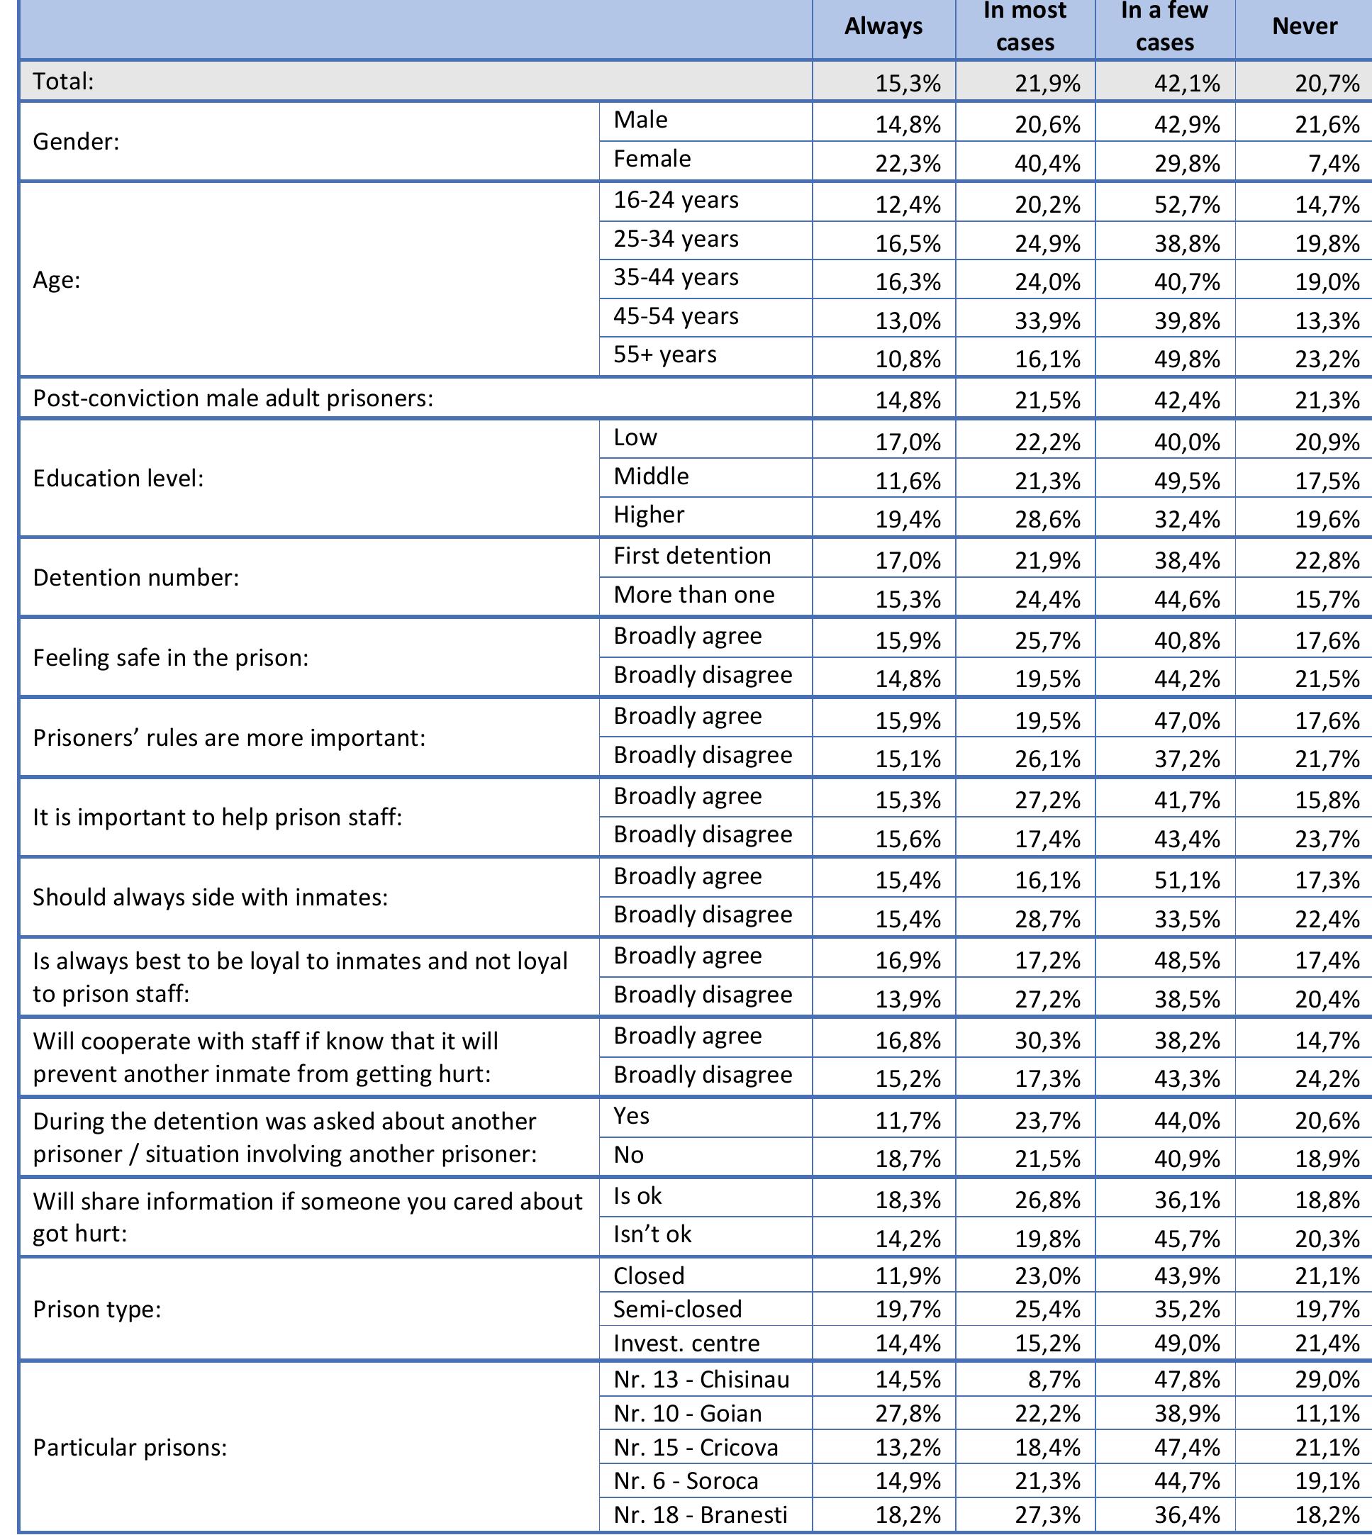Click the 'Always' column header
click(883, 26)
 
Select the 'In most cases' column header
click(1025, 26)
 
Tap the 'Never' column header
click(1304, 26)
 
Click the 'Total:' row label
click(63, 82)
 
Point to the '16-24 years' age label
click(676, 200)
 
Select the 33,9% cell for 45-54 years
click(1047, 320)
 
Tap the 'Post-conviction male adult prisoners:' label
click(233, 398)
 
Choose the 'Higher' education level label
click(648, 514)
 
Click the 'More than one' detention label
click(693, 594)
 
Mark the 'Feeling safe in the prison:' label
click(170, 657)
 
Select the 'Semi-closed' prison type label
click(677, 1309)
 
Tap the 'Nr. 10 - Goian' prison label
click(687, 1413)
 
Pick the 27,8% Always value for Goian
click(908, 1414)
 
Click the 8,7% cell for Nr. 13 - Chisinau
click(1058, 1380)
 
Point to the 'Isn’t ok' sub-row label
click(652, 1234)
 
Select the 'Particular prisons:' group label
click(130, 1447)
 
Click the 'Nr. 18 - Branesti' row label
click(700, 1514)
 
